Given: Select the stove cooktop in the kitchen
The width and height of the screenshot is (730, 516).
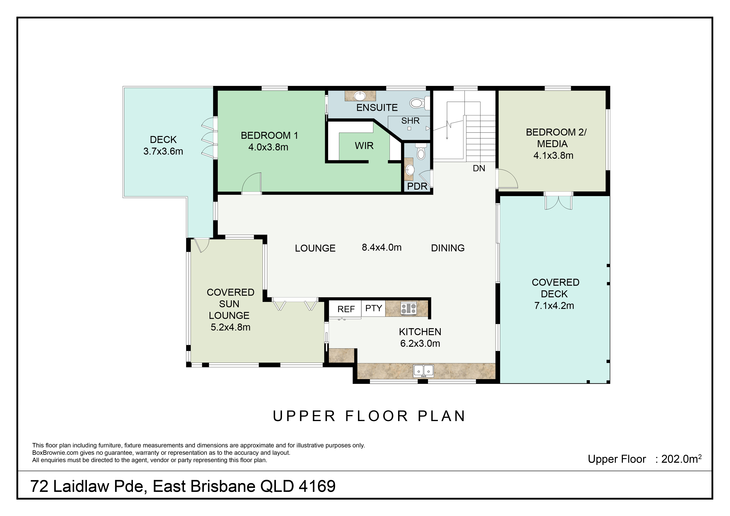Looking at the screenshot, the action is click(x=409, y=308).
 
